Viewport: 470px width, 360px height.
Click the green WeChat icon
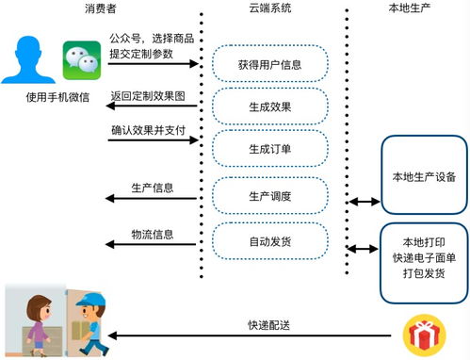click(80, 61)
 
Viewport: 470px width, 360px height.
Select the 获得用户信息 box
click(270, 64)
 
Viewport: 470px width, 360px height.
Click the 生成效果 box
click(270, 106)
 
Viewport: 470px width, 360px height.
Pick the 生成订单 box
click(270, 149)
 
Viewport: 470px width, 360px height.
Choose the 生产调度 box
click(270, 195)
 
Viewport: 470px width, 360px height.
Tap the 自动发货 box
click(270, 242)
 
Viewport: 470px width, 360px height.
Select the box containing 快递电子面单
click(424, 255)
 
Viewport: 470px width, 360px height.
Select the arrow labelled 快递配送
click(254, 335)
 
